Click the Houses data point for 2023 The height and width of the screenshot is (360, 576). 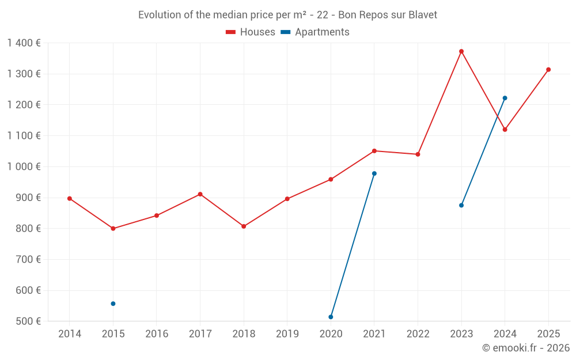pyautogui.click(x=461, y=51)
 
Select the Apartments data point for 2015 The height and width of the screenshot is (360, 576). pyautogui.click(x=113, y=304)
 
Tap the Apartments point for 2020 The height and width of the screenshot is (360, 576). pyautogui.click(x=331, y=317)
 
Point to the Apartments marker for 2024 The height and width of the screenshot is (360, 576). pyautogui.click(x=505, y=98)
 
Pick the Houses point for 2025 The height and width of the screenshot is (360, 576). pyautogui.click(x=548, y=70)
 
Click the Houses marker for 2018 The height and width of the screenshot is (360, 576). pyautogui.click(x=244, y=226)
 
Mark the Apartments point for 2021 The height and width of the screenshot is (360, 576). pyautogui.click(x=374, y=173)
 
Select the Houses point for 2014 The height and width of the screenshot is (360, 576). pyautogui.click(x=70, y=199)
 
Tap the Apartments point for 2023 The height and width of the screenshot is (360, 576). pyautogui.click(x=461, y=205)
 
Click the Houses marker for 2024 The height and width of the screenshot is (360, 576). pyautogui.click(x=505, y=130)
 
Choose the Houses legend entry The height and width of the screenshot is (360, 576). pyautogui.click(x=251, y=32)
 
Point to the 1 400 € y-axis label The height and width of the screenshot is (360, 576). pyautogui.click(x=24, y=43)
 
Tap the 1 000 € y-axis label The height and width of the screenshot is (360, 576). pyautogui.click(x=24, y=166)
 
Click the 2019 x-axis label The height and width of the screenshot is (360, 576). pyautogui.click(x=287, y=334)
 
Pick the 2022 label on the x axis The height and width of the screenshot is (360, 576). pyautogui.click(x=418, y=334)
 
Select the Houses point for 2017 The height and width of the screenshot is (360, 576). pyautogui.click(x=200, y=194)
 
